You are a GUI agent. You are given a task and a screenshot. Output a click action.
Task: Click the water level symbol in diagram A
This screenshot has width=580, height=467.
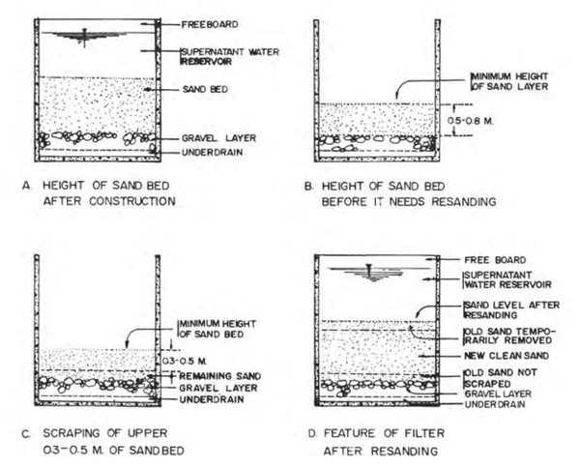click(85, 37)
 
